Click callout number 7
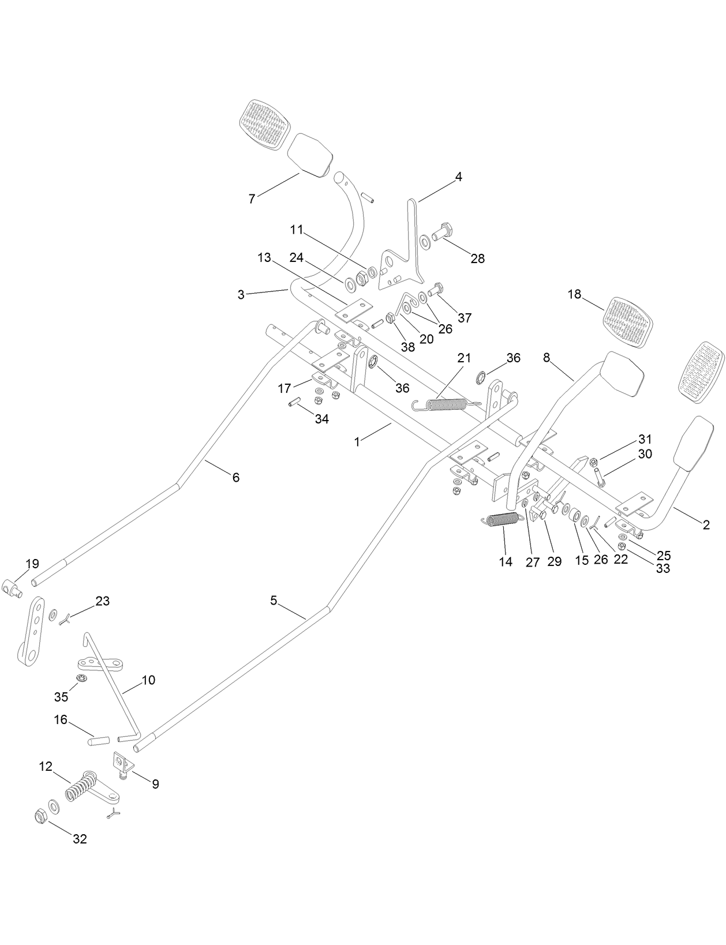(x=252, y=199)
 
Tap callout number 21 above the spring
(x=465, y=359)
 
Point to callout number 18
(x=574, y=294)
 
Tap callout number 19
(x=32, y=564)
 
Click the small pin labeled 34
(x=293, y=402)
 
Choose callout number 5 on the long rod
(x=274, y=601)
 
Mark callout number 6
(x=235, y=478)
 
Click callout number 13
(x=264, y=258)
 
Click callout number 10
(x=148, y=680)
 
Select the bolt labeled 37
(x=436, y=288)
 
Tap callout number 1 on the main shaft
(x=357, y=442)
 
